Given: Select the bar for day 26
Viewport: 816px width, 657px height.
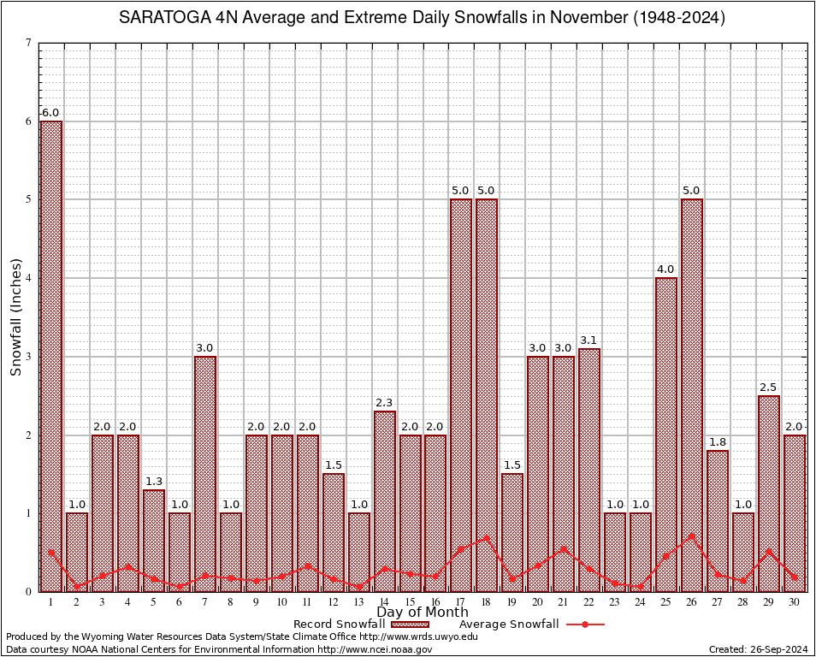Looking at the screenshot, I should point(691,394).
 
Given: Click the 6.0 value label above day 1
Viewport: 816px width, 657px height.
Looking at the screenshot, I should point(51,113).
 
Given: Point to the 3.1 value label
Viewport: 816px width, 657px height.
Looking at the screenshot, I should point(589,340).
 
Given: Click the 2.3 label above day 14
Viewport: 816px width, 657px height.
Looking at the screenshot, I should point(384,403).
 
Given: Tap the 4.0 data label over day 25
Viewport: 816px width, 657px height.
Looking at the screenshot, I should point(665,269).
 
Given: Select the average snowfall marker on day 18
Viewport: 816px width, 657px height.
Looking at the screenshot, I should point(487,539).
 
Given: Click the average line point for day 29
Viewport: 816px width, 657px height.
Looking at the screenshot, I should point(768,552).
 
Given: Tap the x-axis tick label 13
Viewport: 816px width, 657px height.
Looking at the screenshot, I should point(358,602).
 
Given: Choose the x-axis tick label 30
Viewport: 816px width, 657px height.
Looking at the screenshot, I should point(794,602).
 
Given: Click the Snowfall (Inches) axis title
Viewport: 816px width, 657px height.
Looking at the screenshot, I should point(16,317).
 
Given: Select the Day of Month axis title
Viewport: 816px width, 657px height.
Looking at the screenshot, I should point(422,613).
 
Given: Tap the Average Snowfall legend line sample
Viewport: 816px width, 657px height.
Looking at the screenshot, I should point(584,624).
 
